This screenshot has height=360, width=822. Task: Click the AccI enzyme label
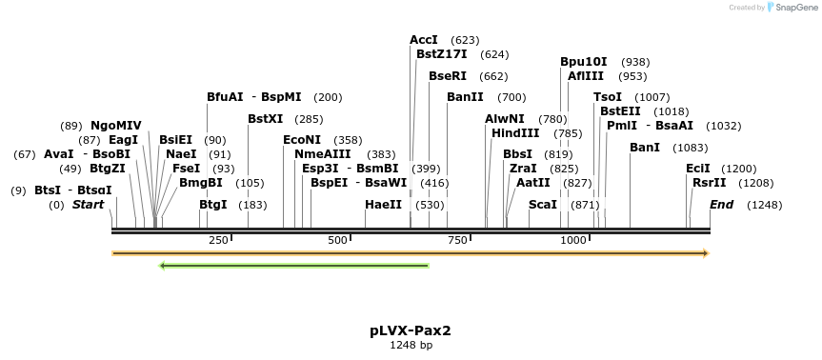(x=424, y=40)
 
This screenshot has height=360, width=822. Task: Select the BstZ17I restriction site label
(x=444, y=54)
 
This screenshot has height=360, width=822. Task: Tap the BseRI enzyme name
(x=448, y=76)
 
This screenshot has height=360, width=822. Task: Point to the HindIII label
(x=515, y=132)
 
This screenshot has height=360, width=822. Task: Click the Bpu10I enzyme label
(x=584, y=62)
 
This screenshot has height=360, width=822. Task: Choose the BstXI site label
(x=266, y=119)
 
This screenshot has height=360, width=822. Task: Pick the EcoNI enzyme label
(x=302, y=140)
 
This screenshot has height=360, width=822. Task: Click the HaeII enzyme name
(x=384, y=205)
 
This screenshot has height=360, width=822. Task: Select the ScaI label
(x=543, y=205)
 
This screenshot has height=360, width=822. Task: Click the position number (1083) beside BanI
(x=690, y=148)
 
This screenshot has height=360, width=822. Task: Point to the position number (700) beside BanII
(x=511, y=97)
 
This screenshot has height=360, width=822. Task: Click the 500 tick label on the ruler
(x=337, y=240)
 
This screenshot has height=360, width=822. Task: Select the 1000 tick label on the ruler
(x=573, y=240)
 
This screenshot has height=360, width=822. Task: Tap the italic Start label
(x=89, y=205)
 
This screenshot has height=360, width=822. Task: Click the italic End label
(x=722, y=205)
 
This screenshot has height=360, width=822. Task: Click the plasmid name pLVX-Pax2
(x=411, y=331)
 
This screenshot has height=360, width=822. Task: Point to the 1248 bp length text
(x=411, y=346)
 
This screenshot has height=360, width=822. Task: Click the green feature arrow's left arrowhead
(x=163, y=265)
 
